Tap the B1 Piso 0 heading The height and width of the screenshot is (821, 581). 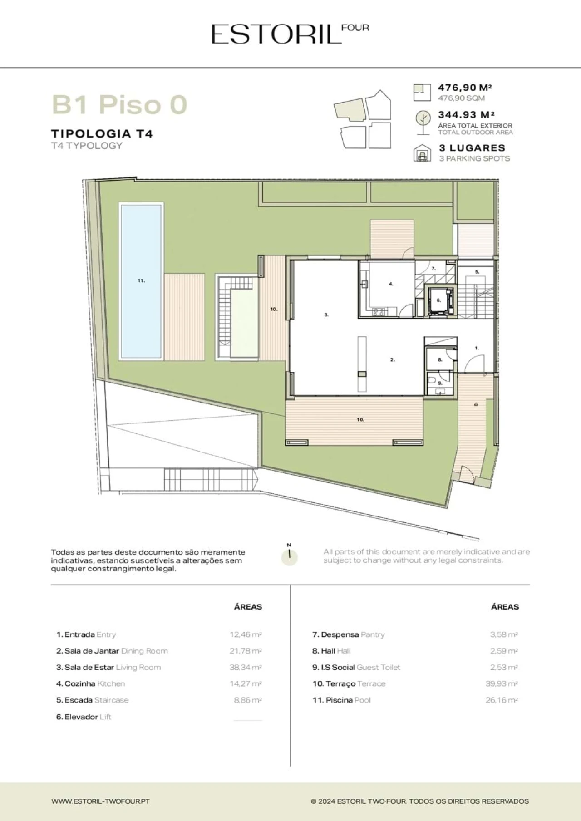pyautogui.click(x=119, y=104)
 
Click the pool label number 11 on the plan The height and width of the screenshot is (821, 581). pyautogui.click(x=141, y=281)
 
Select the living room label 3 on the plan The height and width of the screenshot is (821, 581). pyautogui.click(x=326, y=315)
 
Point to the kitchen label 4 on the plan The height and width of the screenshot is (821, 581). pyautogui.click(x=391, y=284)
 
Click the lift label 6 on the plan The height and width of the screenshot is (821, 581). pyautogui.click(x=439, y=300)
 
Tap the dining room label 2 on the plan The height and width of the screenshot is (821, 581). pyautogui.click(x=393, y=360)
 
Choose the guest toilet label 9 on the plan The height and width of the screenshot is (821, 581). pyautogui.click(x=440, y=383)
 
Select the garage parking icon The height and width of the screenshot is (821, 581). pyautogui.click(x=422, y=153)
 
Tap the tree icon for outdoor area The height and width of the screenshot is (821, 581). pyautogui.click(x=423, y=123)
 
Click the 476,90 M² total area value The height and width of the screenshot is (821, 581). pyautogui.click(x=465, y=88)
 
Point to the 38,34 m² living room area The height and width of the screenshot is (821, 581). pyautogui.click(x=246, y=667)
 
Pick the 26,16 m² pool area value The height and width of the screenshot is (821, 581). pyautogui.click(x=502, y=700)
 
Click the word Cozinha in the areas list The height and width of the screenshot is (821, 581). pyautogui.click(x=80, y=683)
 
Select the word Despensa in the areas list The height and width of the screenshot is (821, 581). pyautogui.click(x=340, y=634)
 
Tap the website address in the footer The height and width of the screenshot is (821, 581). pyautogui.click(x=101, y=801)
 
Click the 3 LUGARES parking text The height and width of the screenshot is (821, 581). pyautogui.click(x=472, y=148)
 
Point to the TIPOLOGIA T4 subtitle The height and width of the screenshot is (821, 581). pyautogui.click(x=102, y=134)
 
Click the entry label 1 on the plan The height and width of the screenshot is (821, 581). pyautogui.click(x=477, y=348)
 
